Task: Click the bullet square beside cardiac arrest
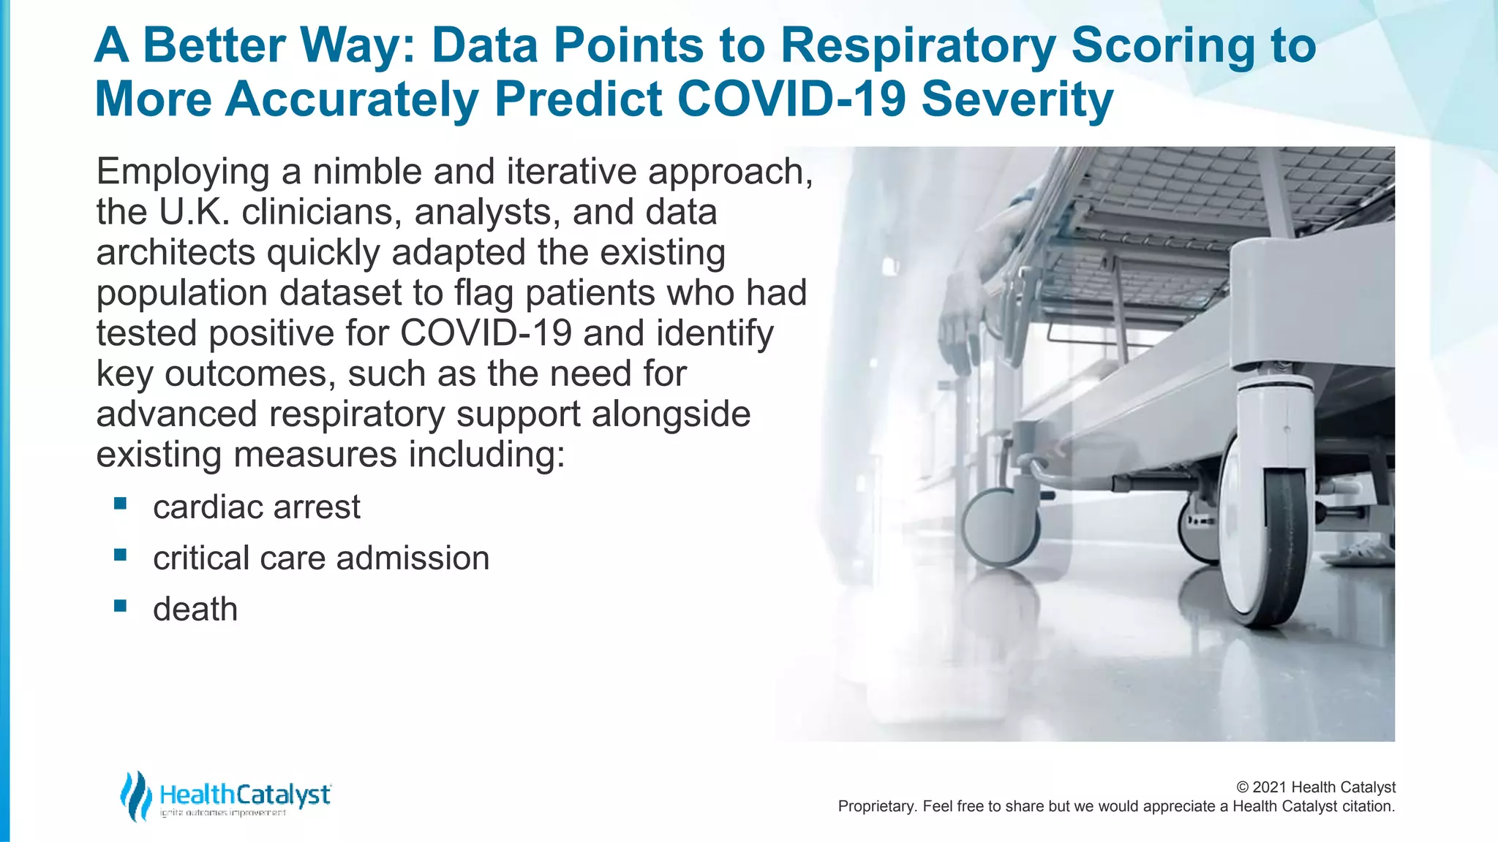click(121, 504)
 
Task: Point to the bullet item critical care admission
click(320, 558)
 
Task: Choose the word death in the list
click(195, 610)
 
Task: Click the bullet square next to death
click(121, 606)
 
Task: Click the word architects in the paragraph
click(176, 253)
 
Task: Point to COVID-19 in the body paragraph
click(486, 333)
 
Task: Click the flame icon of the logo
click(136, 795)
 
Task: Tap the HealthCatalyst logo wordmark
click(245, 794)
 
